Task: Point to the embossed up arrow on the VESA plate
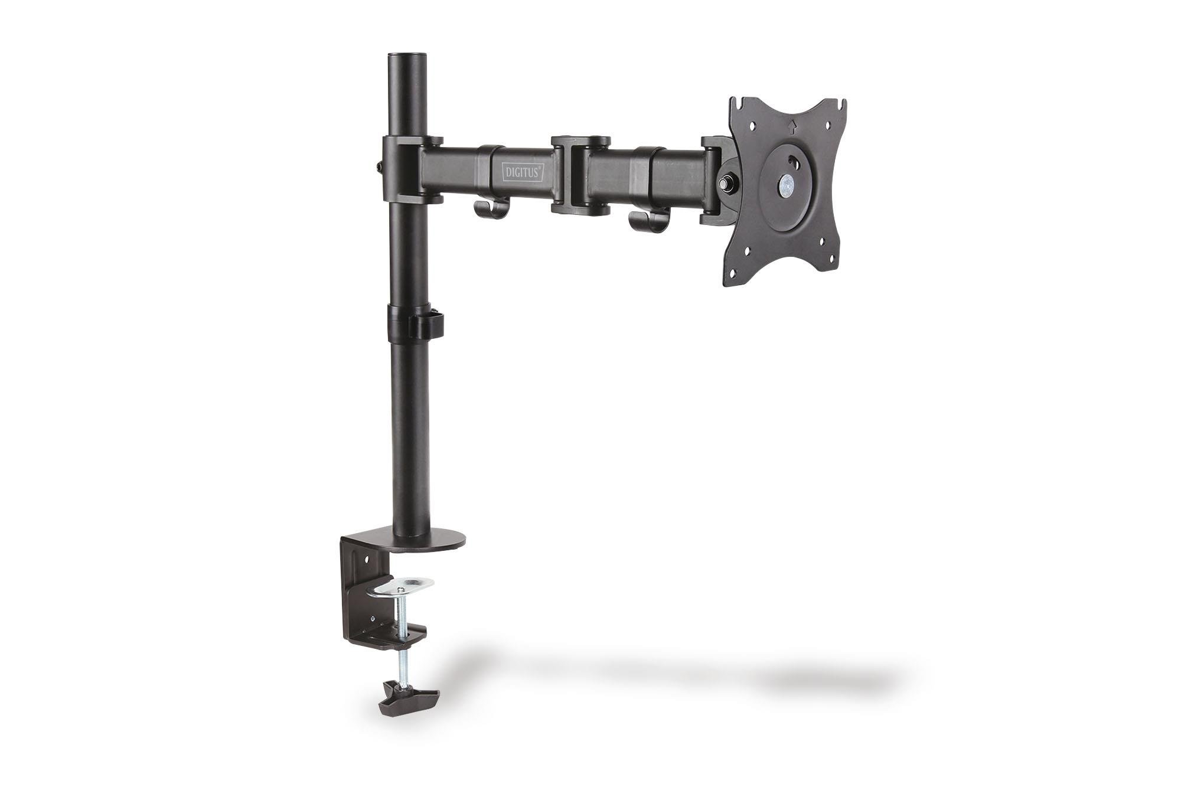pyautogui.click(x=792, y=125)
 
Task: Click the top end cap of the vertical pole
pyautogui.click(x=407, y=56)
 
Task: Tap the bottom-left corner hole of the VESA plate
pyautogui.click(x=732, y=273)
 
